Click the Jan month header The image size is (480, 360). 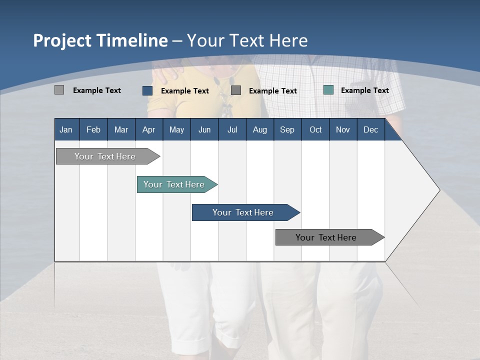pos(66,130)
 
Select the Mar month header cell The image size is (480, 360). pos(121,130)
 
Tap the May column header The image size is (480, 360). pos(176,130)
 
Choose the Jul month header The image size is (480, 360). pos(232,130)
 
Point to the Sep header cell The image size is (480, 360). pos(287,130)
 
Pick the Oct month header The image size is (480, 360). pos(315,130)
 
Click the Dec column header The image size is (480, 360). pos(370,130)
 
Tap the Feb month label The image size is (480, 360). pos(93,130)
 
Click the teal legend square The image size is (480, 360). pos(328,90)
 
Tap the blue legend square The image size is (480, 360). pos(147,90)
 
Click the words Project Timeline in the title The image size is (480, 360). pos(100,40)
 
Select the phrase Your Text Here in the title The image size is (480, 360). pos(247,40)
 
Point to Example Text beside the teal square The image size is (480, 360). pos(364,90)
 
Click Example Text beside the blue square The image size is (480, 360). pos(184,91)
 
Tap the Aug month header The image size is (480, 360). pos(259,130)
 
